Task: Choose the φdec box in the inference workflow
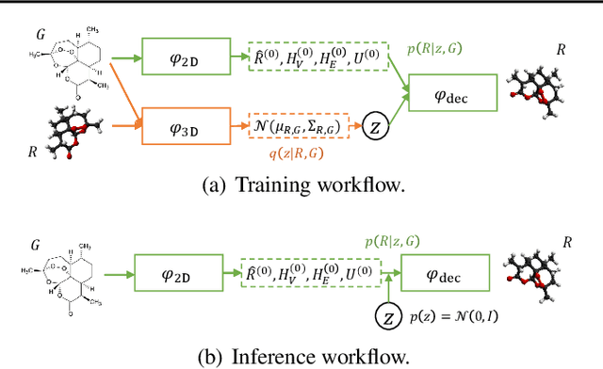[445, 277]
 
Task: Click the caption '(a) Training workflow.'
[301, 184]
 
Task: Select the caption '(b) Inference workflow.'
[301, 357]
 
